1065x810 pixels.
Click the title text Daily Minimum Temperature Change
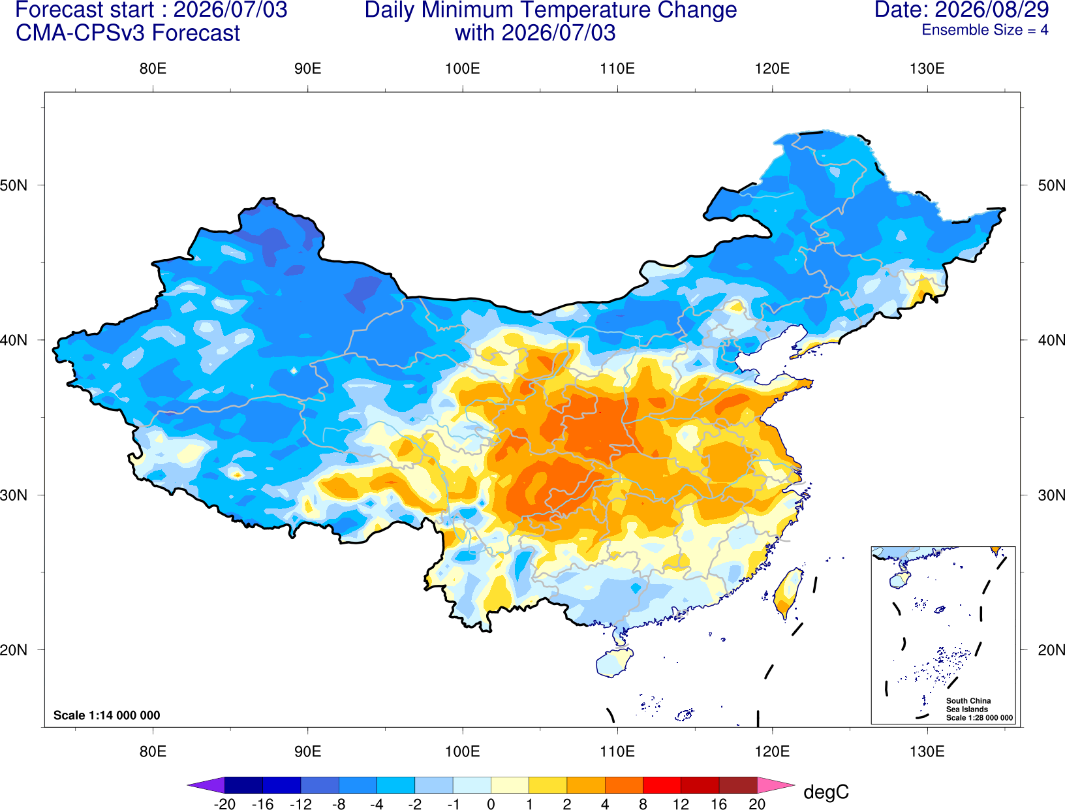point(551,10)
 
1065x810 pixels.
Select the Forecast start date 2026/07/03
point(230,10)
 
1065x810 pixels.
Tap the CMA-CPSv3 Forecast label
point(128,33)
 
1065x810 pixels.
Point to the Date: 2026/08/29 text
point(961,10)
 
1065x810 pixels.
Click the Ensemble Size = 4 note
point(985,30)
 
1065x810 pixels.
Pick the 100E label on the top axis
point(463,69)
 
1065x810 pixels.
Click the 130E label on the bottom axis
point(927,752)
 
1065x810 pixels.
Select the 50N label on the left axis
point(14,185)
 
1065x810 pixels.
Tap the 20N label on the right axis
point(1051,650)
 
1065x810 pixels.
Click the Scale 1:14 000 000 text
point(107,715)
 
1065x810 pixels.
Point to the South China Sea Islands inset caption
point(979,709)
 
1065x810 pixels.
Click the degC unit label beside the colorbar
point(826,792)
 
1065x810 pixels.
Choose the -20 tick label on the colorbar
point(224,804)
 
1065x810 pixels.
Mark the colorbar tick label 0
point(491,804)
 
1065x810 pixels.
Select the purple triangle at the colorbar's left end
point(206,785)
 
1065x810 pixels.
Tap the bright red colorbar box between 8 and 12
point(662,785)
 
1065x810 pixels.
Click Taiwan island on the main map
point(786,593)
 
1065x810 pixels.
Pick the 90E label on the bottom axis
point(307,752)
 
